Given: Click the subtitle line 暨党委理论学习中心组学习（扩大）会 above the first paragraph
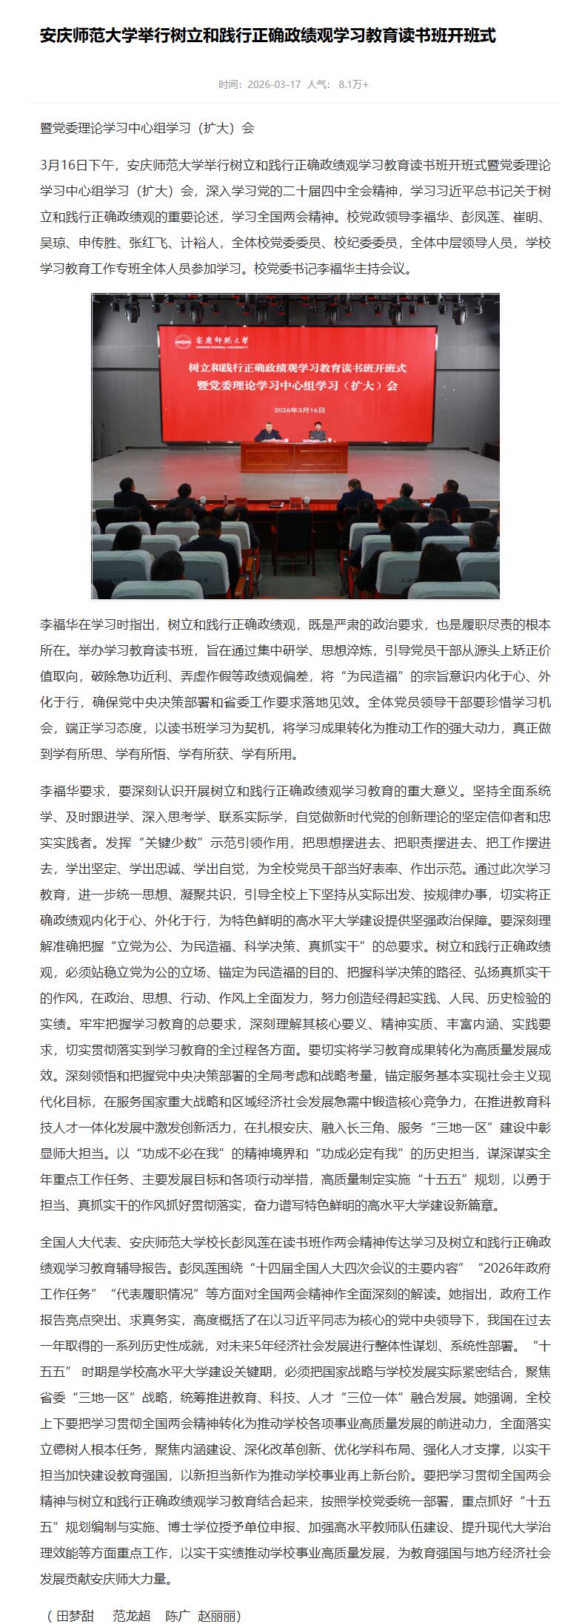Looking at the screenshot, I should click(147, 128).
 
